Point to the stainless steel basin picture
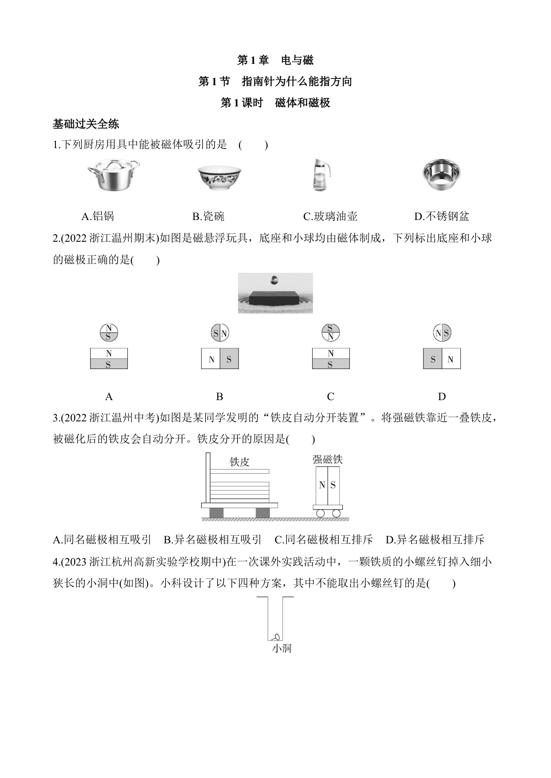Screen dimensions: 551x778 tap(441, 174)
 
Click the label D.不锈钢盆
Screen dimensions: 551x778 tap(441, 216)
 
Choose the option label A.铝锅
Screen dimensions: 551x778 tap(98, 216)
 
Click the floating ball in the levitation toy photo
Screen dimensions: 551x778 tap(275, 280)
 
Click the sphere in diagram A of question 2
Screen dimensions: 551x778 tap(109, 333)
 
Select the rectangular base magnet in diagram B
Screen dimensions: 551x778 tap(220, 358)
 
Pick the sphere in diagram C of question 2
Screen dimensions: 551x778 tap(331, 333)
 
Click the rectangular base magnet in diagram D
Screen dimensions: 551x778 tap(442, 358)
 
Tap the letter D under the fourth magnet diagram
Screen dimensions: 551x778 tap(442, 397)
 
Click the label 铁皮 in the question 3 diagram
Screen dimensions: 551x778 tap(240, 462)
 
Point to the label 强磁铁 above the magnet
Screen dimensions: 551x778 tap(328, 459)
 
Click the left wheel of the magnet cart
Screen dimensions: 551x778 tap(321, 514)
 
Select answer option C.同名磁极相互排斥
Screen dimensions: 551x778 tap(324, 540)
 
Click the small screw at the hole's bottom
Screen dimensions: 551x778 tap(275, 637)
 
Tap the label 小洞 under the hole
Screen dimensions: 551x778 tap(281, 648)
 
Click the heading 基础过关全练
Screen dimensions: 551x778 tap(86, 124)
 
